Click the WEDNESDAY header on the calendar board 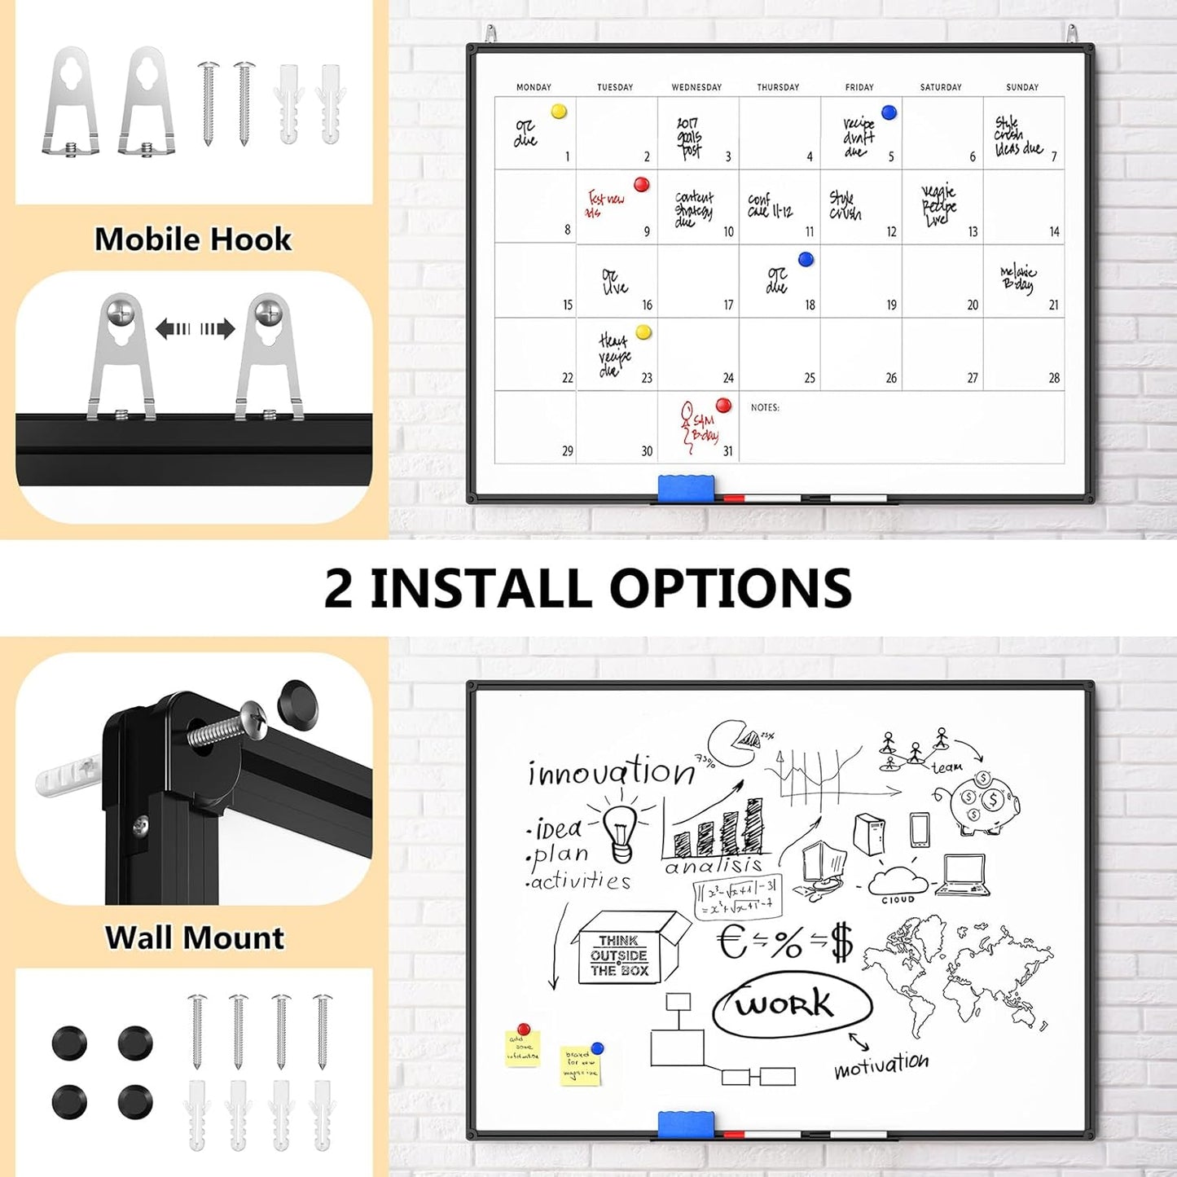696,87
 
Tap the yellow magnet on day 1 559,112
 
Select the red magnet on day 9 642,185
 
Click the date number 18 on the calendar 810,305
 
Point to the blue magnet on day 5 889,112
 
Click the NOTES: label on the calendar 765,407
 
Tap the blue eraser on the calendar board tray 686,486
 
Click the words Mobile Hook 193,239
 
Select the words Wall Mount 195,938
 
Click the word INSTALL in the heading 481,588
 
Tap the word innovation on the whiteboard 611,771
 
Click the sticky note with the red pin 522,1047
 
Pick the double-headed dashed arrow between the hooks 195,329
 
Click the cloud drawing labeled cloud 898,881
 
